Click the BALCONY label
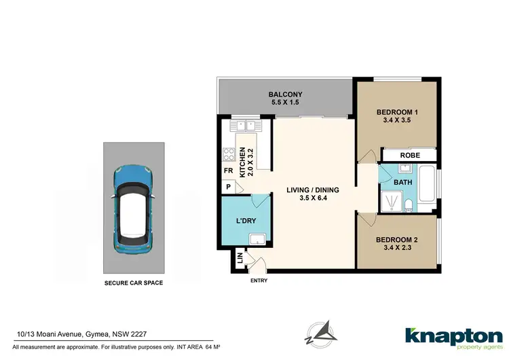click(x=284, y=94)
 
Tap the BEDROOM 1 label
click(x=397, y=113)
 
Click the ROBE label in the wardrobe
click(x=409, y=156)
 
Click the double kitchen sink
click(x=244, y=126)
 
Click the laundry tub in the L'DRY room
click(x=258, y=238)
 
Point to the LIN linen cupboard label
click(x=240, y=258)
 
